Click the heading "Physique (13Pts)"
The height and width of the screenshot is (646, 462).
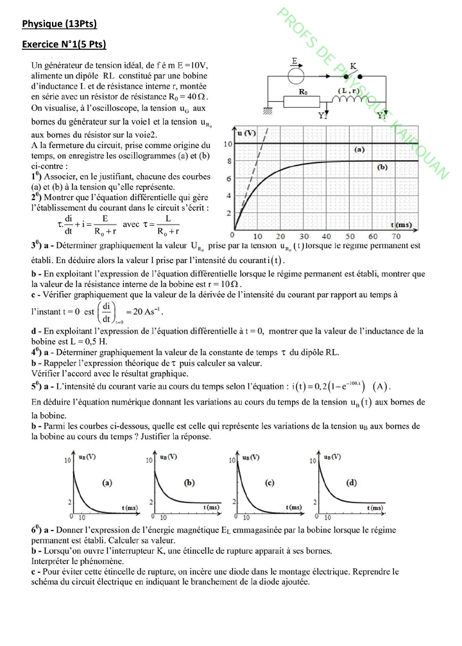[59, 24]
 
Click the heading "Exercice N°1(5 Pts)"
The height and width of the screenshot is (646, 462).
[64, 45]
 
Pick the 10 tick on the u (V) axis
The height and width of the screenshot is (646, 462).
[228, 144]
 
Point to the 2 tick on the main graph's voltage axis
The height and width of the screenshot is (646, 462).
[228, 213]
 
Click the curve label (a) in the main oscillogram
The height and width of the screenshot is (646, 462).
[359, 149]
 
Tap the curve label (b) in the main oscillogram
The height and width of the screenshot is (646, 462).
[383, 167]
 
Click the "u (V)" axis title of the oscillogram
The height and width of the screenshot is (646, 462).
[246, 133]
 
